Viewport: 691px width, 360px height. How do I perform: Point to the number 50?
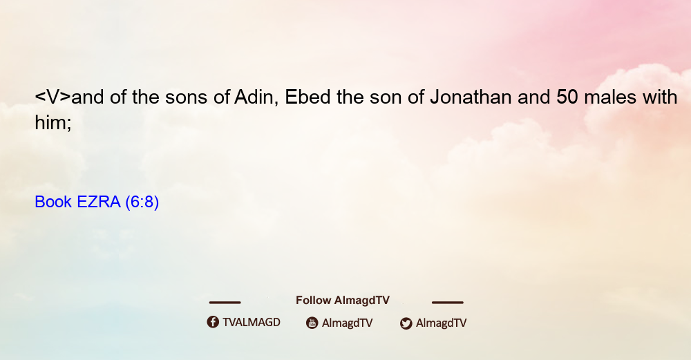[567, 97]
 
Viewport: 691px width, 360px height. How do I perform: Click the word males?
[610, 97]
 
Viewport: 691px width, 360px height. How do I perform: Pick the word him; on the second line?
[53, 122]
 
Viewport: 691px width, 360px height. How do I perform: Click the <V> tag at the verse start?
[53, 97]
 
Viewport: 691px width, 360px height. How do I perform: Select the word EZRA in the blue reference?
[99, 202]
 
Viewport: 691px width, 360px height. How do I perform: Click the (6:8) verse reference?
[142, 202]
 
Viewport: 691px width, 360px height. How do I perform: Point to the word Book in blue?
[53, 202]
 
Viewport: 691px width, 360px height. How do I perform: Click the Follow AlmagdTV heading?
[343, 300]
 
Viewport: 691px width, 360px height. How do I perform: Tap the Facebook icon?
[213, 322]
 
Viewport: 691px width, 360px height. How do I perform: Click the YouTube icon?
[312, 323]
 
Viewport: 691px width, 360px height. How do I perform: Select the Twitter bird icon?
[406, 323]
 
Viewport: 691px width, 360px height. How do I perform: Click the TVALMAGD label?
[252, 322]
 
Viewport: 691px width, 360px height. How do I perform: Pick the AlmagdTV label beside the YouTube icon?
[348, 323]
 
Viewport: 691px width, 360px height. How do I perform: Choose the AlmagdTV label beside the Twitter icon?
[441, 323]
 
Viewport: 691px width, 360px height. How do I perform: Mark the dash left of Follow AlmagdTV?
[225, 302]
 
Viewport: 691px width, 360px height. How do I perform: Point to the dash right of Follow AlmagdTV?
[448, 302]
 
